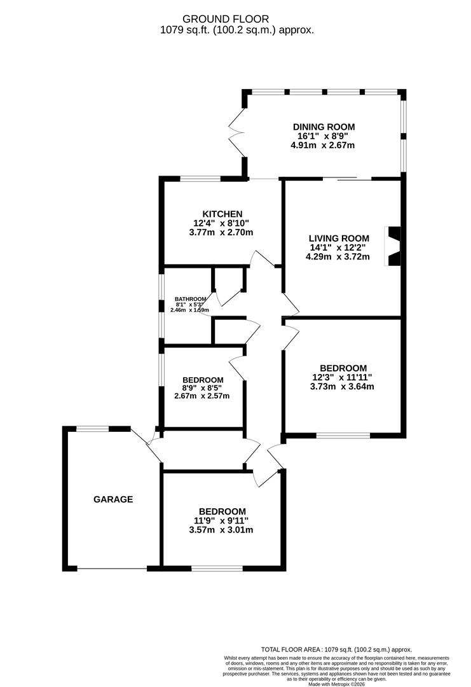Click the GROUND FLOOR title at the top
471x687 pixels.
(235, 19)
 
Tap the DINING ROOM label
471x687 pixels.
(324, 127)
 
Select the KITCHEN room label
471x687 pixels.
(221, 214)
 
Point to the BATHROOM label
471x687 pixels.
(191, 299)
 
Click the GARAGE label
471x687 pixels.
(113, 499)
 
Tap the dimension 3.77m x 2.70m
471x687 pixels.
(221, 233)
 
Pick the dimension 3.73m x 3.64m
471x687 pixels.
(343, 387)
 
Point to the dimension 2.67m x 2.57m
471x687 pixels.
(202, 396)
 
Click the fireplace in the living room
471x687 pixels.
(393, 246)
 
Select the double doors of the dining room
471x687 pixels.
(237, 132)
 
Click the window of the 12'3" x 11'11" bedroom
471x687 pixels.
(343, 436)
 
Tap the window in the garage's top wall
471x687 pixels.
(93, 429)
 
